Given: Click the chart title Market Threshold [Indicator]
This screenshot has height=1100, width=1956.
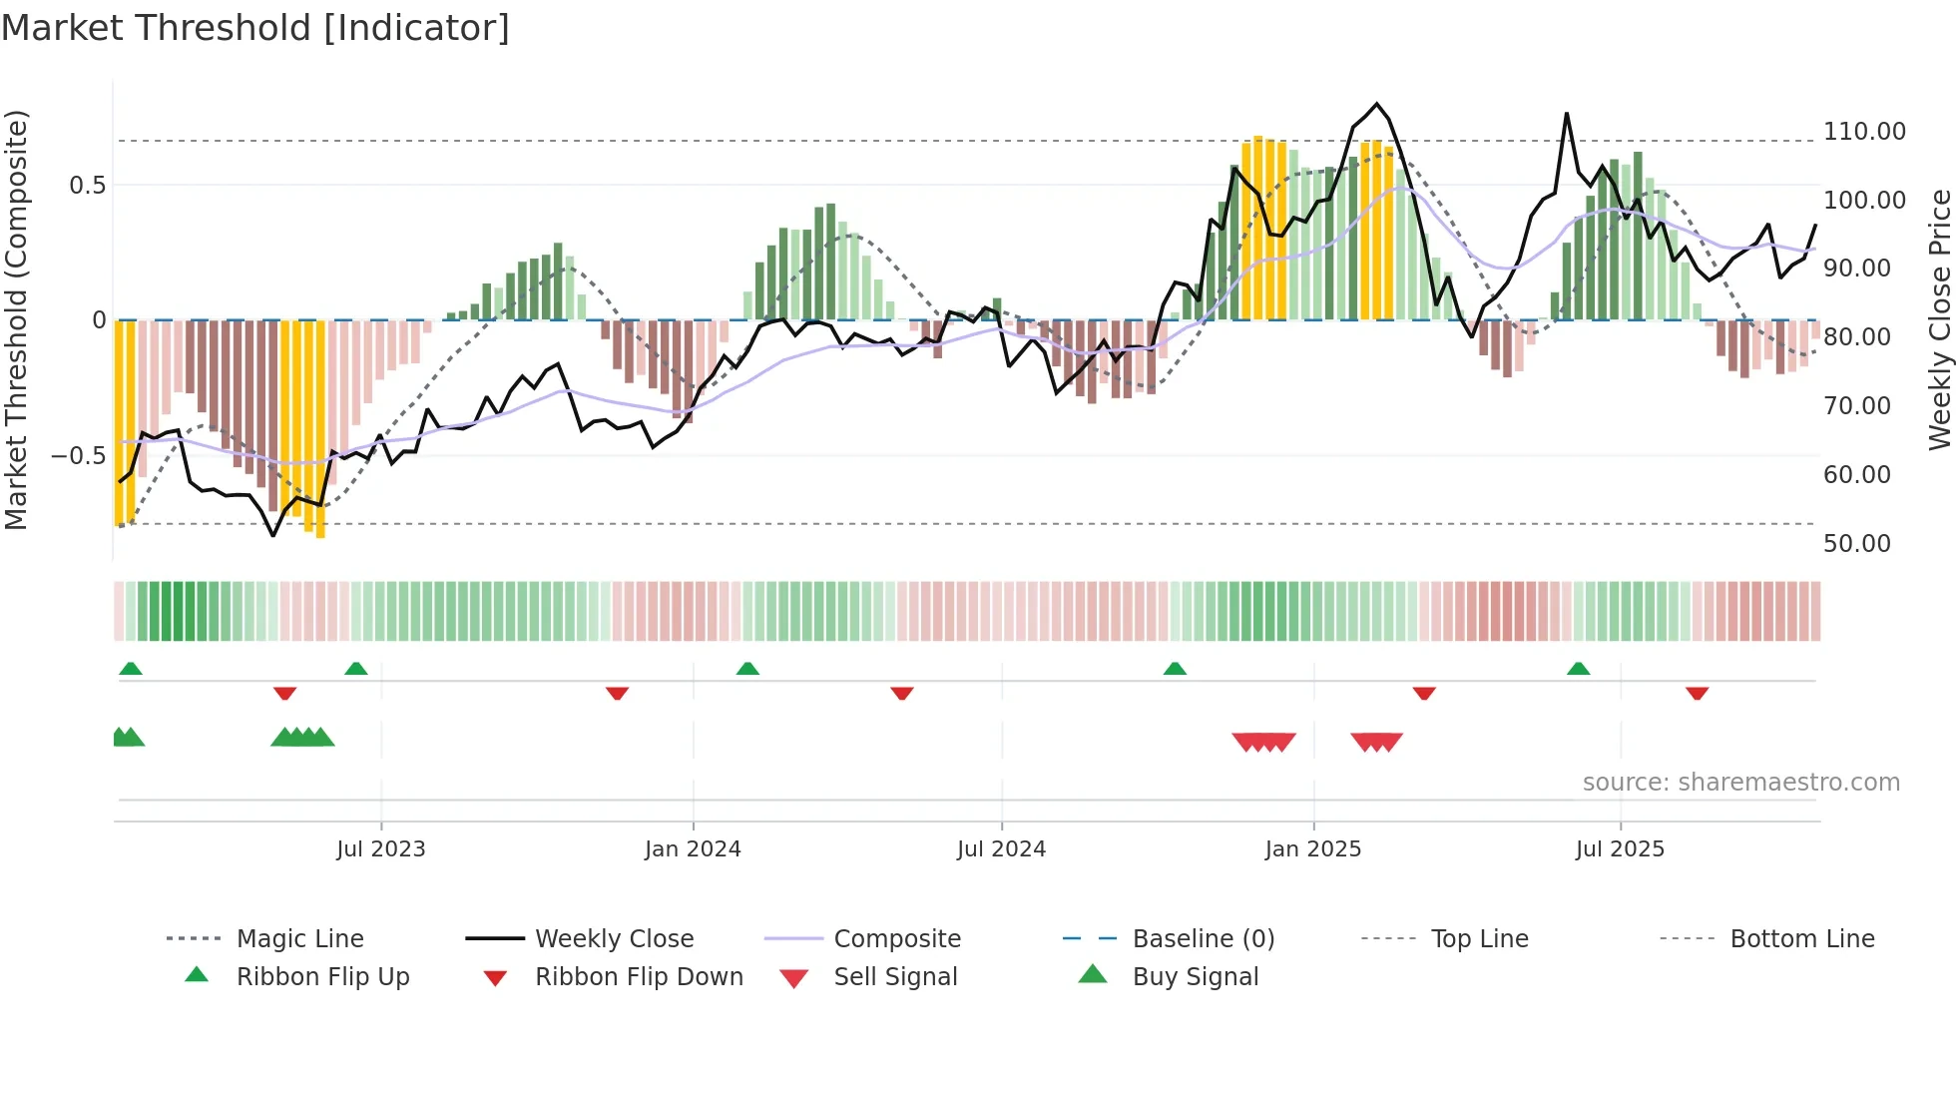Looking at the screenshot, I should pos(255,28).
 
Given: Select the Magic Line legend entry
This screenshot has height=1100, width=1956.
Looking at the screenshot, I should pos(299,939).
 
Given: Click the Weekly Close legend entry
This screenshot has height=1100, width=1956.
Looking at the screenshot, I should pos(614,939).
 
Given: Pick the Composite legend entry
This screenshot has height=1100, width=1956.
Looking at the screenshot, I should pos(896,939).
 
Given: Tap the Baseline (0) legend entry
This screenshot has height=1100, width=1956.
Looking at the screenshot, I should pos(1203,939).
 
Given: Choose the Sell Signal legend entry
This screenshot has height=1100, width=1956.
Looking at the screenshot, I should pos(894,977).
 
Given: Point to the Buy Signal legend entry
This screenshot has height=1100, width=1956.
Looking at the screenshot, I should pos(1195,977).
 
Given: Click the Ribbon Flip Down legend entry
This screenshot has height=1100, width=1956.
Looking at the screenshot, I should pos(639,977).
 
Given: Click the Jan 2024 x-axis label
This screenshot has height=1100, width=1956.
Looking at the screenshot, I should pos(693,849).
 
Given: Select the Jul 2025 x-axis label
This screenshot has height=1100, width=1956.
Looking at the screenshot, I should pos(1620,849).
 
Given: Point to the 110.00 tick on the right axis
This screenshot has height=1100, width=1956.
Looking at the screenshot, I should pos(1864,132).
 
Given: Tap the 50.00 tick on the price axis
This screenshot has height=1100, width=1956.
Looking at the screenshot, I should pos(1856,544).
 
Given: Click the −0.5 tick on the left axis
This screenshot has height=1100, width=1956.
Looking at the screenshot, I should pos(78,456).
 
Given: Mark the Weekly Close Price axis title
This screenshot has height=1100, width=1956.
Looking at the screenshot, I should pos(1939,319).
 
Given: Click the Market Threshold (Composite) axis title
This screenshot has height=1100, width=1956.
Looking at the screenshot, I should pos(16,319).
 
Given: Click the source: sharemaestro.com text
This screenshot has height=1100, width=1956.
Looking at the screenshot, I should pos(1740,783).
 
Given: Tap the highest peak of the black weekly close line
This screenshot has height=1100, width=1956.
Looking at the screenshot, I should pos(1377,104).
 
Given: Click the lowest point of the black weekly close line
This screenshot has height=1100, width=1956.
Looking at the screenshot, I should pos(273,536).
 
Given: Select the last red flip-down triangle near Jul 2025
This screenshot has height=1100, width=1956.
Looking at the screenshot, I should pos(1697,694).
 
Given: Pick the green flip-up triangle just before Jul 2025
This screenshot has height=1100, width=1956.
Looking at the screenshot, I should pos(1578,669).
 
